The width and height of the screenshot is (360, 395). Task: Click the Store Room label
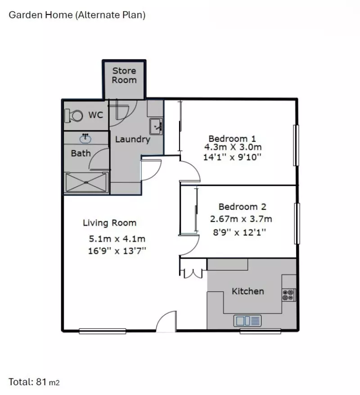pyautogui.click(x=124, y=75)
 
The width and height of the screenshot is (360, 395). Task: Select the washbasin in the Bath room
pyautogui.click(x=85, y=137)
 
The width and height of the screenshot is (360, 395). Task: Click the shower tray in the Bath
pyautogui.click(x=86, y=182)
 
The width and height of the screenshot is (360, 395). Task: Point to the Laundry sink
pyautogui.click(x=157, y=126)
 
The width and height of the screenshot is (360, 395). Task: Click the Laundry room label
pyautogui.click(x=132, y=139)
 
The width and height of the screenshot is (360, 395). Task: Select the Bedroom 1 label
pyautogui.click(x=232, y=138)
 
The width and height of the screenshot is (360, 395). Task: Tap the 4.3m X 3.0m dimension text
pyautogui.click(x=233, y=147)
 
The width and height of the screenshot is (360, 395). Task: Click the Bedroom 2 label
pyautogui.click(x=242, y=207)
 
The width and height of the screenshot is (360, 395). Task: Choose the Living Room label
pyautogui.click(x=109, y=222)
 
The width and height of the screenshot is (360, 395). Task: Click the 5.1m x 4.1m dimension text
pyautogui.click(x=117, y=239)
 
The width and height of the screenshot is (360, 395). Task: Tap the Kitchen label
pyautogui.click(x=247, y=291)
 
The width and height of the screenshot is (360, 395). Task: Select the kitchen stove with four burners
pyautogui.click(x=288, y=295)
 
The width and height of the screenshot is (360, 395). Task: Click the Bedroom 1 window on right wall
pyautogui.click(x=296, y=145)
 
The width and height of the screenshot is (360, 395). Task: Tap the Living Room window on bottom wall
pyautogui.click(x=102, y=331)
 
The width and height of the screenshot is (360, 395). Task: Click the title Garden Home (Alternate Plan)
pyautogui.click(x=77, y=15)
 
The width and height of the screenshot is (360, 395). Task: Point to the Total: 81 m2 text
pyautogui.click(x=34, y=382)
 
